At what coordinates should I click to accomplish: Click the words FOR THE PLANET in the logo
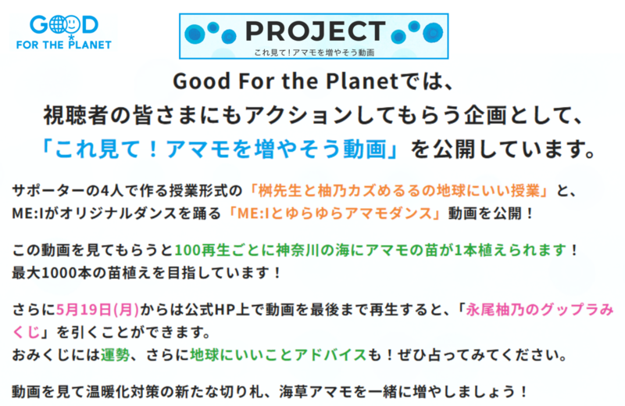click(x=64, y=45)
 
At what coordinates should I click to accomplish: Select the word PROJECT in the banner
click(x=316, y=31)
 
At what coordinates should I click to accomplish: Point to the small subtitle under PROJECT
click(x=314, y=52)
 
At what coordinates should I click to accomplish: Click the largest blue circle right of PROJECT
click(x=433, y=32)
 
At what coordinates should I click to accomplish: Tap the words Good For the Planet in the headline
click(x=285, y=81)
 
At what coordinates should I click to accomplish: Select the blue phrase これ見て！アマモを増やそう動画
click(x=220, y=149)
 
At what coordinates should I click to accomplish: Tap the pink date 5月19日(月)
click(x=98, y=310)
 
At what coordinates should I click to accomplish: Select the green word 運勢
click(x=115, y=354)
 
